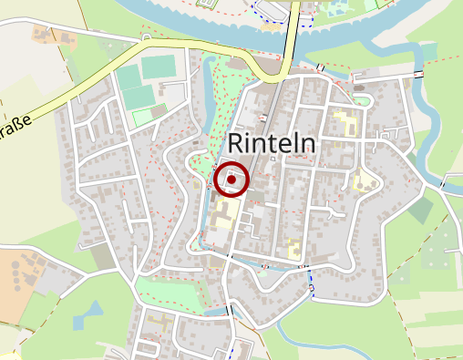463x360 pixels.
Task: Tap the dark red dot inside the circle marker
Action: (232, 180)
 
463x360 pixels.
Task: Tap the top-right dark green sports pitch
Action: (159, 66)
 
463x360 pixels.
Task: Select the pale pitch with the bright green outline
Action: (144, 116)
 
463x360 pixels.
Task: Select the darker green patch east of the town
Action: (420, 211)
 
